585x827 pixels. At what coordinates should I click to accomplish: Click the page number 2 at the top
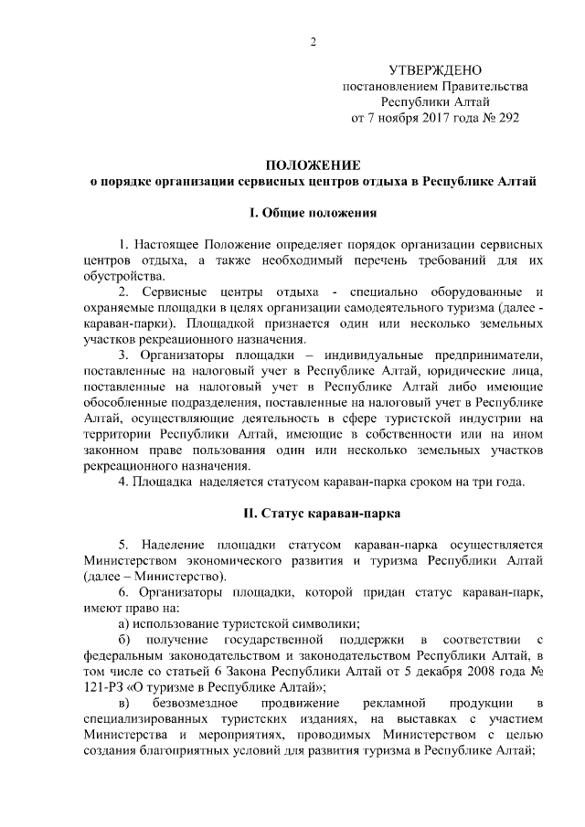coord(313,41)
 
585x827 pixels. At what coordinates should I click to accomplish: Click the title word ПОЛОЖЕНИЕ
coord(313,164)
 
